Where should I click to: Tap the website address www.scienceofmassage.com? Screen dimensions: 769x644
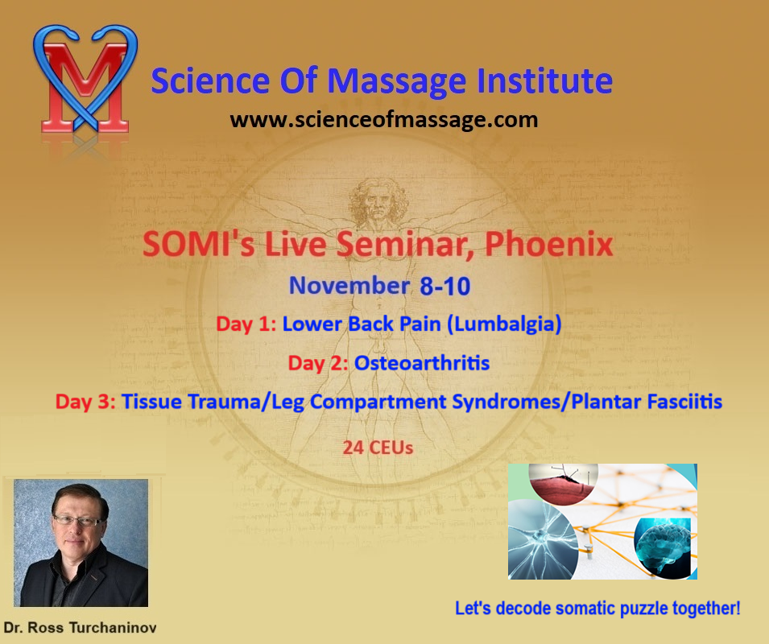[384, 120]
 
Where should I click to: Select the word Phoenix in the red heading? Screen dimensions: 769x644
[549, 244]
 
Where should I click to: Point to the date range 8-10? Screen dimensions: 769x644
[444, 287]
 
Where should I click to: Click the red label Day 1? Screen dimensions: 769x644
[246, 324]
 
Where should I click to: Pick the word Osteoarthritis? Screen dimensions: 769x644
[422, 363]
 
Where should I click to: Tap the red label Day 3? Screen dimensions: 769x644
[85, 402]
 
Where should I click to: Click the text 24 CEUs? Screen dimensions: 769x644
[378, 448]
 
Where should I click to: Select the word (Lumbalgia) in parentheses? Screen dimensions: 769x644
[504, 324]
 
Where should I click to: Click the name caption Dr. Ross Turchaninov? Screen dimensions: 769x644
[80, 627]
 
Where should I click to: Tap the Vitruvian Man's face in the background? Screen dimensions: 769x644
[378, 207]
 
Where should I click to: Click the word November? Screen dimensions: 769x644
[349, 286]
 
